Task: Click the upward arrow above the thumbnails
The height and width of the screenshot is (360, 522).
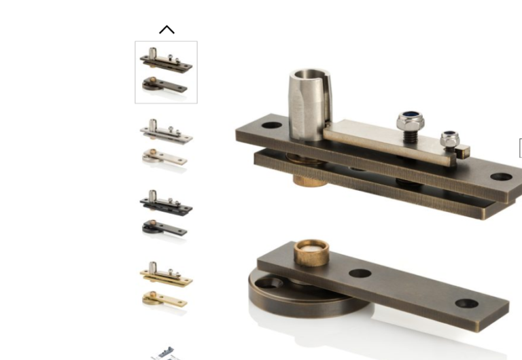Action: pyautogui.click(x=167, y=30)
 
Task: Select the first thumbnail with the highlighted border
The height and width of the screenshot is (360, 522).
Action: pyautogui.click(x=166, y=72)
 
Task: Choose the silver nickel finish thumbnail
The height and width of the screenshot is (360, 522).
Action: pyautogui.click(x=166, y=143)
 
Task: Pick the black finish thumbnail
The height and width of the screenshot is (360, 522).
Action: pyautogui.click(x=166, y=214)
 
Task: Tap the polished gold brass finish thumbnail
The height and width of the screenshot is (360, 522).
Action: pyautogui.click(x=166, y=285)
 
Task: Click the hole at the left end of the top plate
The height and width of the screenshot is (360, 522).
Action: pyautogui.click(x=271, y=125)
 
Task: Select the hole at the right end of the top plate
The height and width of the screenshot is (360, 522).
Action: pyautogui.click(x=501, y=177)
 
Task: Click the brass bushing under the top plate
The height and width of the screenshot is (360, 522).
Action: pyautogui.click(x=311, y=179)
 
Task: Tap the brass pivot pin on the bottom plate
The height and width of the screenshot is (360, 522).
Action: pyautogui.click(x=311, y=252)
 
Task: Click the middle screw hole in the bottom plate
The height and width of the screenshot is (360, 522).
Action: pyautogui.click(x=360, y=274)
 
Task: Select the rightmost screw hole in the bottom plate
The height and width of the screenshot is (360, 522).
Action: pyautogui.click(x=466, y=304)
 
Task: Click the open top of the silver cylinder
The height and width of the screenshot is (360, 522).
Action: pyautogui.click(x=309, y=75)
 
